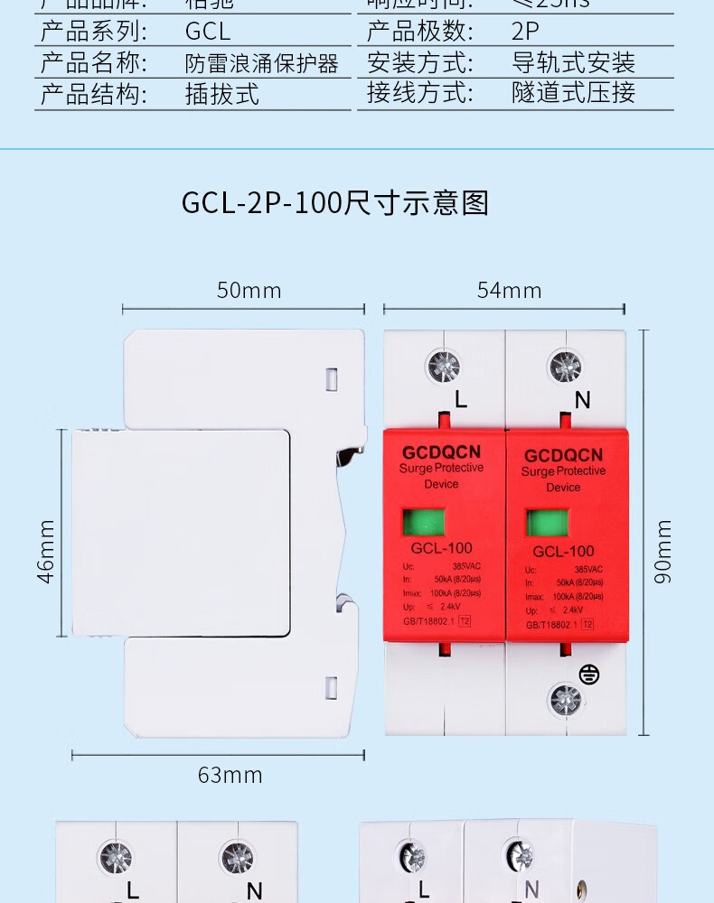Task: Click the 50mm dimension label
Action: (x=249, y=291)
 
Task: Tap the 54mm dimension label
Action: (x=509, y=291)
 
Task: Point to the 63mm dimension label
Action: (x=230, y=775)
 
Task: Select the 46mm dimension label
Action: (x=46, y=551)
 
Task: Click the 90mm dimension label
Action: (x=663, y=551)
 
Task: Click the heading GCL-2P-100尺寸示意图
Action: (x=334, y=203)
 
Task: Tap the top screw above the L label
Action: (x=443, y=367)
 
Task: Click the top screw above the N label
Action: (x=566, y=367)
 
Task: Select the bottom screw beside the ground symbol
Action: (x=566, y=700)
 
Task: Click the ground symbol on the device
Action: (x=589, y=674)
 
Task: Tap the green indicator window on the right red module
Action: (x=548, y=524)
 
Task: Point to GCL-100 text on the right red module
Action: (x=563, y=551)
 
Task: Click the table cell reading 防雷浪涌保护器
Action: (x=262, y=63)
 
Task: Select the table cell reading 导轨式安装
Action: (x=573, y=62)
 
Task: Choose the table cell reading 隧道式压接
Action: (x=573, y=92)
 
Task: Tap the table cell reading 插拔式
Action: (x=222, y=94)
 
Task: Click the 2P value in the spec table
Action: (x=525, y=32)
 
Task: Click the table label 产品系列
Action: (x=94, y=32)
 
